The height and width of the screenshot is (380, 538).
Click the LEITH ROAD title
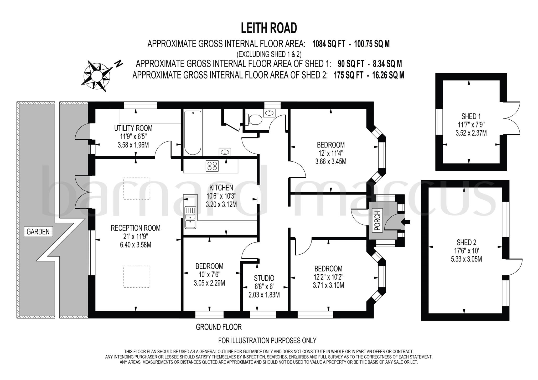[269, 28]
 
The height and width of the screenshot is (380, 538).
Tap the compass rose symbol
[97, 76]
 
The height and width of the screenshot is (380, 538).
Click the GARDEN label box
[38, 232]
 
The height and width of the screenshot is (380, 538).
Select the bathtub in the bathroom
[193, 132]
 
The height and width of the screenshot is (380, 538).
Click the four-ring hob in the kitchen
[212, 166]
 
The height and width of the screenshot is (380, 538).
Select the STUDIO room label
[264, 278]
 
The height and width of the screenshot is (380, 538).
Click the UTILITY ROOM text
[133, 128]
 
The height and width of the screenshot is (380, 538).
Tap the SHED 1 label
[471, 116]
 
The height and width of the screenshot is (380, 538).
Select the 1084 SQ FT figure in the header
[328, 44]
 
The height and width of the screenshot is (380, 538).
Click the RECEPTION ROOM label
[136, 228]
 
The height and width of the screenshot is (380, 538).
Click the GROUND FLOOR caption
[219, 327]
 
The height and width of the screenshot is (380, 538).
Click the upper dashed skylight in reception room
[137, 188]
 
